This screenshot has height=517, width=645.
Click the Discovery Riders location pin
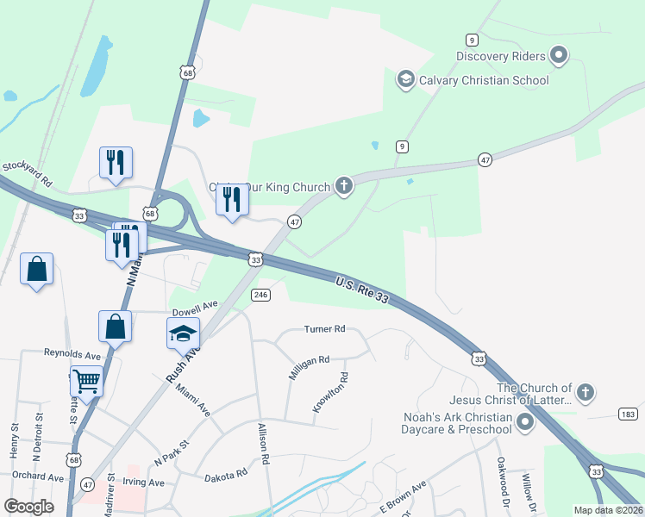pos(559,57)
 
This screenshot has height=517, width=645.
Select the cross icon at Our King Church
pos(344,187)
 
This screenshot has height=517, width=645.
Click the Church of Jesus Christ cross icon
pos(585,394)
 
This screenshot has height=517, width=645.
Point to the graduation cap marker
pos(183,333)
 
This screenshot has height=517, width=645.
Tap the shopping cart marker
pos(86,380)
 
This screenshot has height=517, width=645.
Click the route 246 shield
pos(261,295)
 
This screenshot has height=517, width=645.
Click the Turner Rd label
pos(325,329)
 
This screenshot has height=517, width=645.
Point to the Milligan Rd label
pos(310,366)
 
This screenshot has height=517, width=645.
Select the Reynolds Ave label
pos(72,354)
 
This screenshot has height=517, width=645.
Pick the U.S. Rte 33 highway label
pos(362,288)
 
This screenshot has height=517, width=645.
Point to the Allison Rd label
pos(263,445)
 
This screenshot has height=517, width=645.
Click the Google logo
pos(28,508)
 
